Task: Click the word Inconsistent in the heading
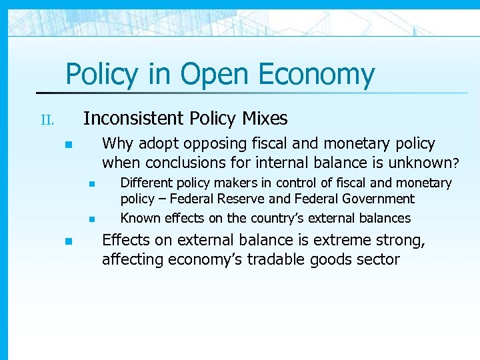pos(134,119)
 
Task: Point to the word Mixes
pos(265,119)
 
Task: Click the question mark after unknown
pos(456,162)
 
